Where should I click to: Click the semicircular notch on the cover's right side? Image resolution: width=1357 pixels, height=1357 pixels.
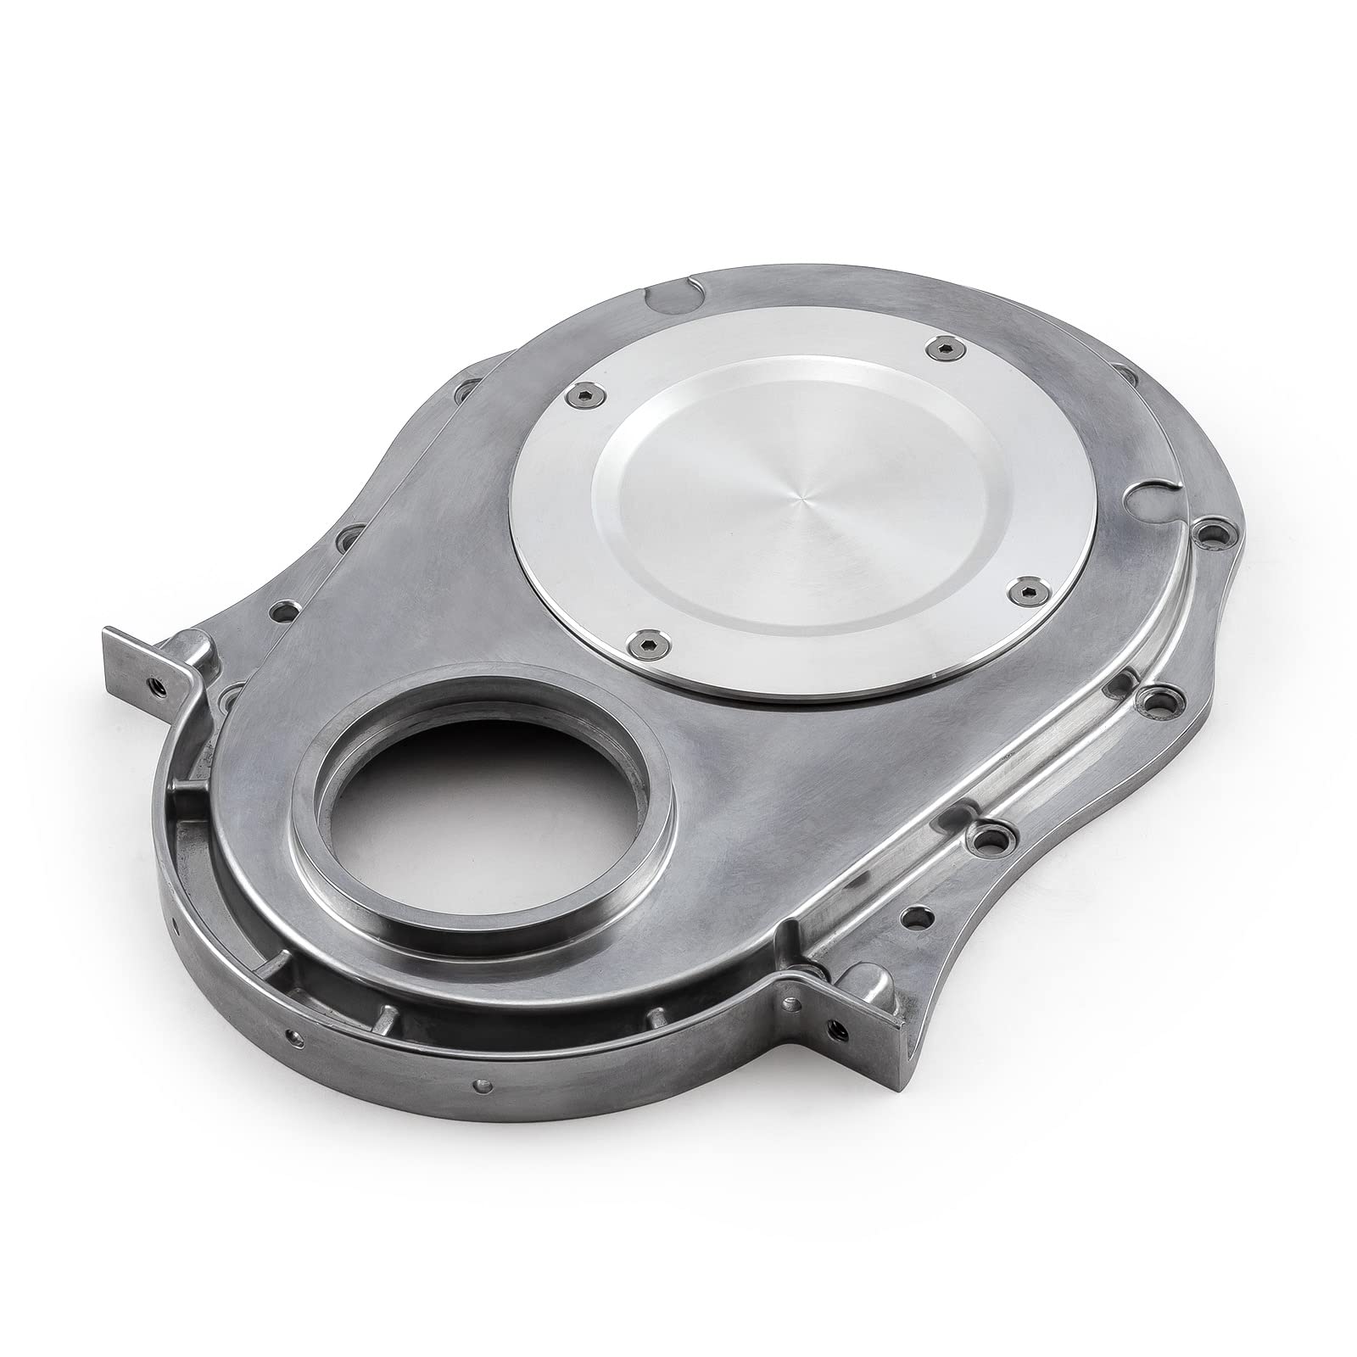click(1155, 490)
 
